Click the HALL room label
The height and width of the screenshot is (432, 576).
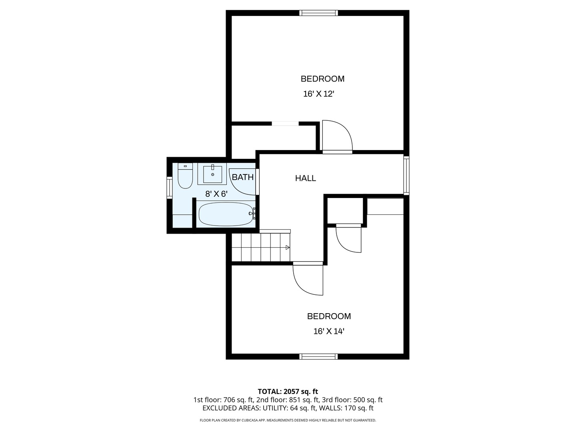coord(306,178)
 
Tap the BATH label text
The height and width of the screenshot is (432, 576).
coord(243,177)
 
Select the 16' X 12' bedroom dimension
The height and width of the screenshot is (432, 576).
coord(318,94)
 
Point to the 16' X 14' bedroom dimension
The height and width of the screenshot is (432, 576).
coord(329,332)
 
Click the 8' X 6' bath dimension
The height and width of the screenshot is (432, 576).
coord(216,194)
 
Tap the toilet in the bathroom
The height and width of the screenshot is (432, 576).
coord(185,176)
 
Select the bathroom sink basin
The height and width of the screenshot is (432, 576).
coord(212,174)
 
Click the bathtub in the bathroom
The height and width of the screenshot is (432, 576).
coord(226,214)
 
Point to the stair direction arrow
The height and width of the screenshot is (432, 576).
coord(288,247)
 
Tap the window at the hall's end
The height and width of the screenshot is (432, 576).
coord(406,176)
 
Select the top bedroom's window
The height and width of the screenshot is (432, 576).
coord(318,13)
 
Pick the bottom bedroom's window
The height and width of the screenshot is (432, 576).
coord(318,356)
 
